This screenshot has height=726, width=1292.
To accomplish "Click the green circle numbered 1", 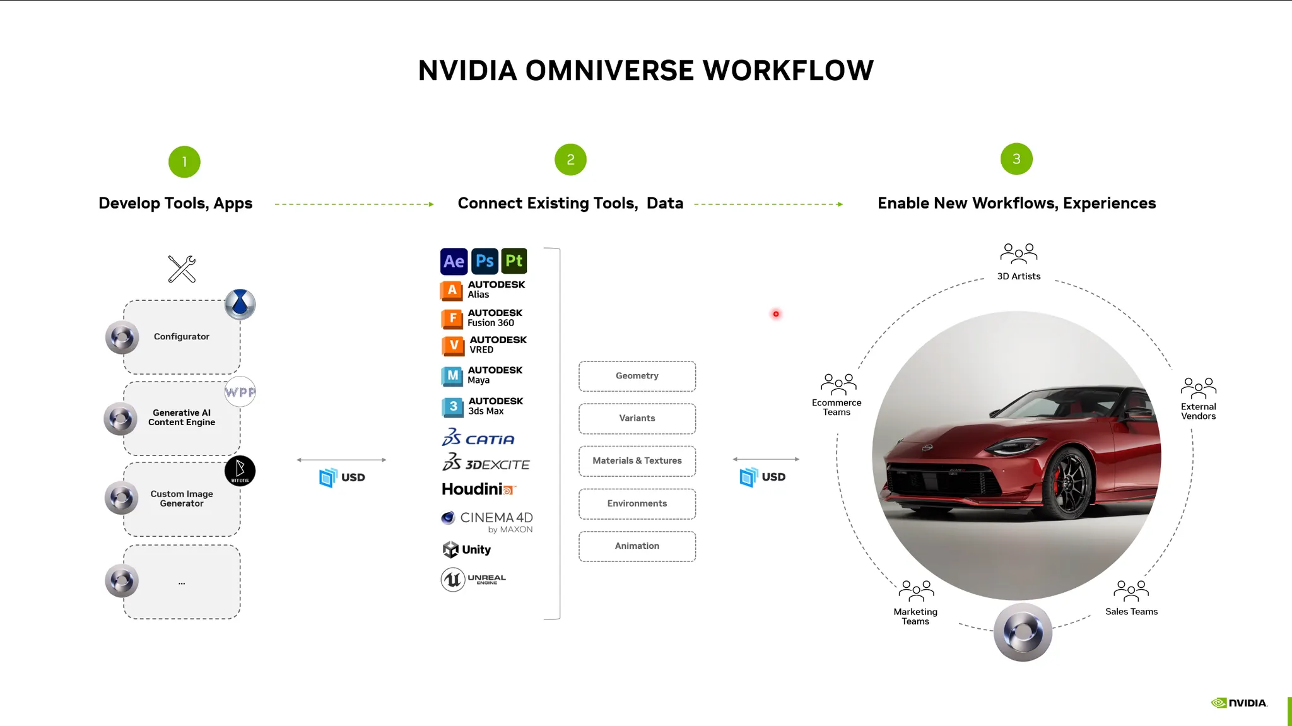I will (x=184, y=162).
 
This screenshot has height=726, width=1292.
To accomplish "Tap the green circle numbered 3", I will (x=1016, y=159).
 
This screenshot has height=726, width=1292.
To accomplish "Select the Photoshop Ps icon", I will (x=484, y=261).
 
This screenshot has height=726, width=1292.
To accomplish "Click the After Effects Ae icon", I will (x=454, y=261).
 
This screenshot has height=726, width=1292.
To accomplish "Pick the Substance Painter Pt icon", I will (x=514, y=261).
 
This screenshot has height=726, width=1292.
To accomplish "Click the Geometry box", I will (x=637, y=376).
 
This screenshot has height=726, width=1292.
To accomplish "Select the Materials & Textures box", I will (x=637, y=461).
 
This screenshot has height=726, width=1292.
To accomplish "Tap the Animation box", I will (x=637, y=546).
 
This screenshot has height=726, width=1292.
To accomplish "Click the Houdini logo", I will (x=478, y=489).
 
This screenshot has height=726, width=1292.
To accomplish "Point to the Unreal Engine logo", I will (x=473, y=579).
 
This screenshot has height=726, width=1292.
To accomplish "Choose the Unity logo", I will (x=467, y=549).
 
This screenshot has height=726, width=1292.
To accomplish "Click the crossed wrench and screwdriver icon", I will (x=182, y=269).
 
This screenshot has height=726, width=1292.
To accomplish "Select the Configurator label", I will (x=182, y=337).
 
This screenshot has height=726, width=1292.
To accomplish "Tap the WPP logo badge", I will (x=240, y=392).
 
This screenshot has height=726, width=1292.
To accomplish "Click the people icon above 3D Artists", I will (x=1018, y=254).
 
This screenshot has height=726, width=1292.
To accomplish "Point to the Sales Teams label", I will (x=1131, y=612).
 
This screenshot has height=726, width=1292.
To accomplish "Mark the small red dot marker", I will (x=776, y=314).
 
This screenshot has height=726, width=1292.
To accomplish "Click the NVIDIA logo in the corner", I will (x=1239, y=703).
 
